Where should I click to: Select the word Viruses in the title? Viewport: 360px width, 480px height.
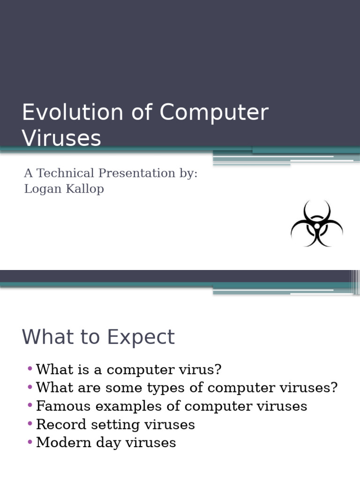(61, 138)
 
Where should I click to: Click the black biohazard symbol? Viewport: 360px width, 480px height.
(317, 224)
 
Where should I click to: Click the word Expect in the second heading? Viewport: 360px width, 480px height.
(141, 337)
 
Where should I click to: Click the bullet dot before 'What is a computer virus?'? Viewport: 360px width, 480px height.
(30, 369)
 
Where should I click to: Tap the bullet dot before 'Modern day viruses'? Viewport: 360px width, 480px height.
(30, 442)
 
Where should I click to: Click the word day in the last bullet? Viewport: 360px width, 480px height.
(112, 442)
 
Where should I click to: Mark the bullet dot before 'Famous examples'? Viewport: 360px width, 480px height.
(30, 405)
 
